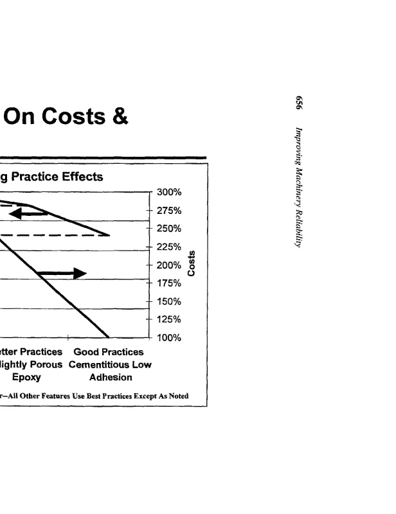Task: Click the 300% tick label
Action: pyautogui.click(x=170, y=192)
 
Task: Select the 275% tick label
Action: pyautogui.click(x=170, y=211)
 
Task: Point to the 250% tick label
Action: pyautogui.click(x=170, y=229)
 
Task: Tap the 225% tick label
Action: pyautogui.click(x=170, y=247)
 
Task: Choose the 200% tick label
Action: pyautogui.click(x=170, y=265)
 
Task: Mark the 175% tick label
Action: pyautogui.click(x=170, y=283)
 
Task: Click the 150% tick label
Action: pyautogui.click(x=170, y=302)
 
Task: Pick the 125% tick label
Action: pyautogui.click(x=170, y=320)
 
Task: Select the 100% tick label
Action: pyautogui.click(x=170, y=338)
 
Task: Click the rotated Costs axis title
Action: pyautogui.click(x=191, y=264)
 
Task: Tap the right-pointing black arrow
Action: pyautogui.click(x=63, y=274)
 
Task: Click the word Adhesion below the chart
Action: pyautogui.click(x=111, y=378)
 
